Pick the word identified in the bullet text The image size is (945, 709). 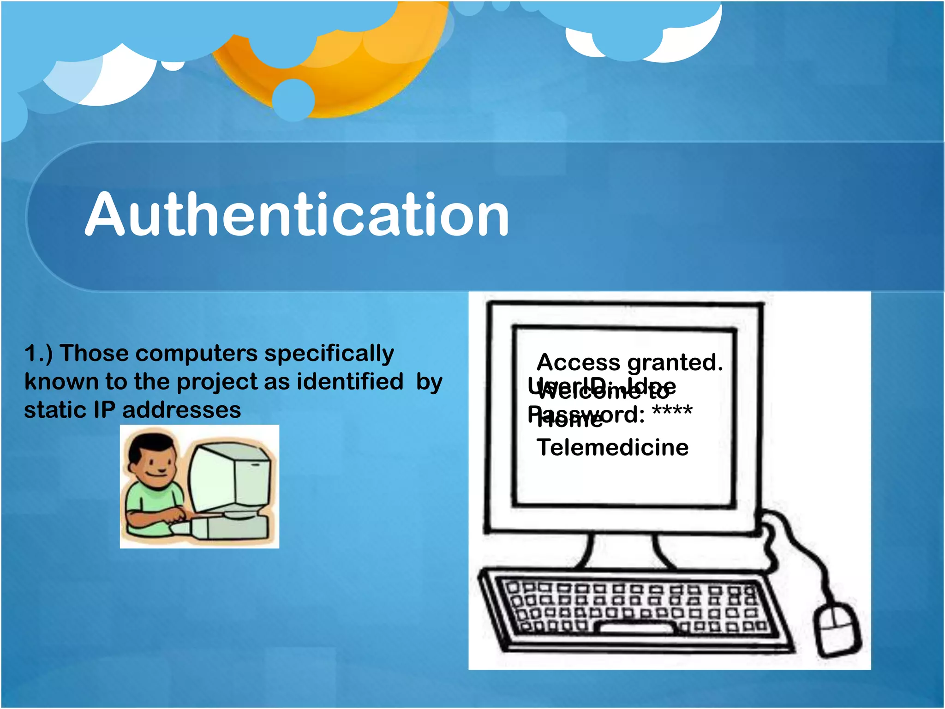[x=350, y=382]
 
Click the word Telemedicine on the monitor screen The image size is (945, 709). [x=612, y=448]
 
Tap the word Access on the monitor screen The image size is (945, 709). [x=578, y=362]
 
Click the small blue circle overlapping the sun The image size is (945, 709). [x=293, y=100]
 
